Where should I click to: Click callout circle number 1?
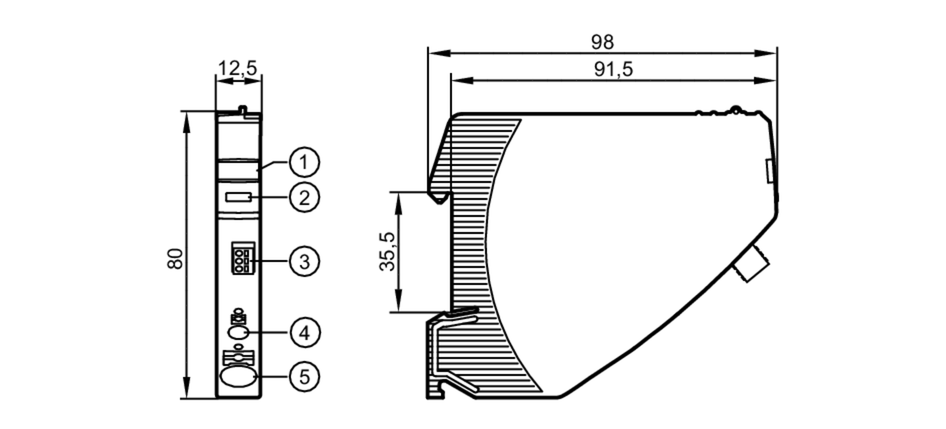pyautogui.click(x=304, y=162)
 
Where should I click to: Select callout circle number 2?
pyautogui.click(x=304, y=197)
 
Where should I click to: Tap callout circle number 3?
pyautogui.click(x=304, y=261)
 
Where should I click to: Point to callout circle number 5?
pyautogui.click(x=305, y=376)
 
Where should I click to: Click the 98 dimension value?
pyautogui.click(x=602, y=43)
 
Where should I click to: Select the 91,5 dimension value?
pyautogui.click(x=613, y=70)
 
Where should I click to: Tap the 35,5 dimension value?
pyautogui.click(x=388, y=252)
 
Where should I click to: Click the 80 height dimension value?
pyautogui.click(x=175, y=259)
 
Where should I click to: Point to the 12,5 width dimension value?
pyautogui.click(x=237, y=69)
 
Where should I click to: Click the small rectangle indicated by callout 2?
pyautogui.click(x=238, y=197)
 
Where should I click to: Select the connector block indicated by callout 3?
pyautogui.click(x=243, y=258)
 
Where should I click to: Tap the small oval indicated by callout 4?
pyautogui.click(x=237, y=332)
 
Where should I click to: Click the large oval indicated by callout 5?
pyautogui.click(x=238, y=377)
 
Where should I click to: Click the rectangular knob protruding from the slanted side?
pyautogui.click(x=751, y=264)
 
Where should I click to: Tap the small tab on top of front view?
pyautogui.click(x=243, y=110)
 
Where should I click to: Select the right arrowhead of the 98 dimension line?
pyautogui.click(x=766, y=53)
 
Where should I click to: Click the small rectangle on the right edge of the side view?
pyautogui.click(x=770, y=171)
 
